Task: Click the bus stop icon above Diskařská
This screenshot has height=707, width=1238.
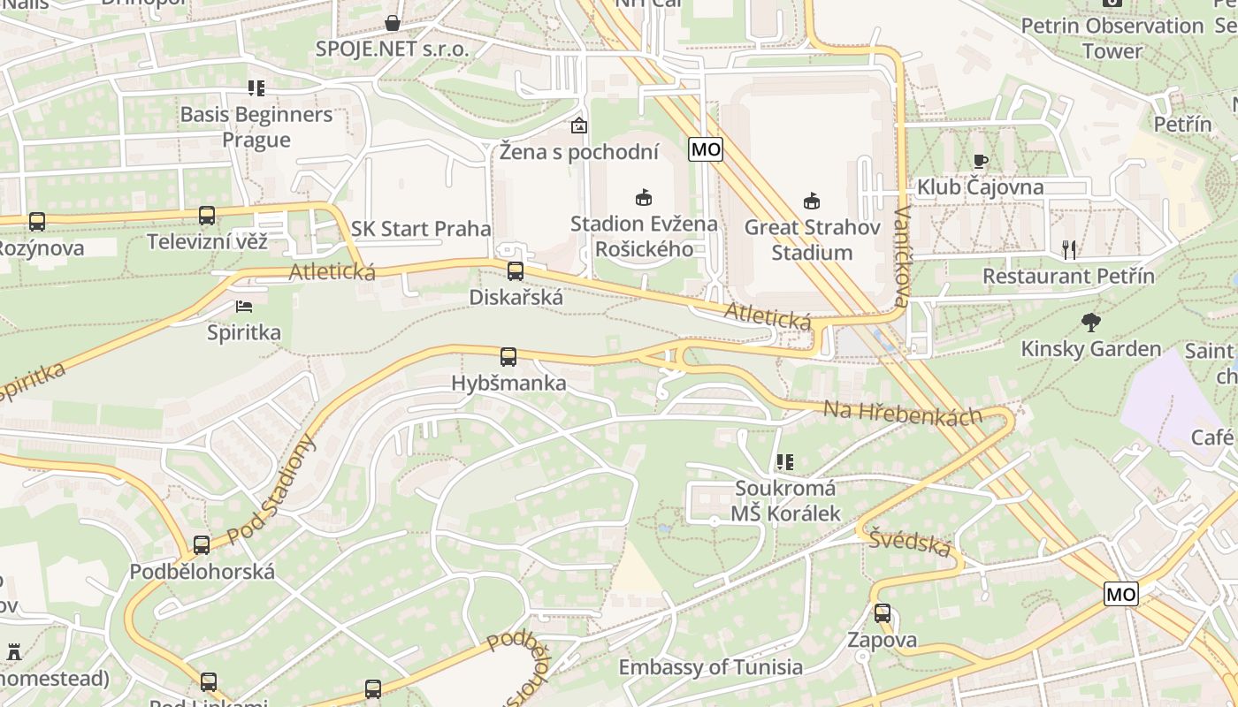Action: pyautogui.click(x=516, y=271)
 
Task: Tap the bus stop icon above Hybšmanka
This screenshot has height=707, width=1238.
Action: pyautogui.click(x=508, y=357)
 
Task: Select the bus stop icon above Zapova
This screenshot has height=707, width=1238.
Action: pyautogui.click(x=883, y=613)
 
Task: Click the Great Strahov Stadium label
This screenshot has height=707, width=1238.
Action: pyautogui.click(x=812, y=239)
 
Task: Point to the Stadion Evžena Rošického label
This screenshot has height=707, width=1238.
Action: pyautogui.click(x=644, y=236)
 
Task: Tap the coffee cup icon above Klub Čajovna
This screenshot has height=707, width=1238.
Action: pyautogui.click(x=980, y=161)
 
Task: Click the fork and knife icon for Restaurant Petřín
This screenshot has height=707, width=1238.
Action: pyautogui.click(x=1069, y=250)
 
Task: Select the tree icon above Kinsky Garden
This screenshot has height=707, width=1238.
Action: pyautogui.click(x=1091, y=323)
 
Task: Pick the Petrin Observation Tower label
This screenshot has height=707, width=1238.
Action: pyautogui.click(x=1112, y=38)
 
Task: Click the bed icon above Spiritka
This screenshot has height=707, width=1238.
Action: pyautogui.click(x=244, y=307)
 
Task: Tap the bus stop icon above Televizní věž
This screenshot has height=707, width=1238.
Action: pyautogui.click(x=207, y=216)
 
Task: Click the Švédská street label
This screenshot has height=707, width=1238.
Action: pyautogui.click(x=909, y=542)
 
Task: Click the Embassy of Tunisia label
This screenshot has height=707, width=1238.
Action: pyautogui.click(x=711, y=667)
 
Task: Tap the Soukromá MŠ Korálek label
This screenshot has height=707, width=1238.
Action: pyautogui.click(x=785, y=500)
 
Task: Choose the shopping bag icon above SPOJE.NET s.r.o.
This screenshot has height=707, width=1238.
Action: pyautogui.click(x=393, y=23)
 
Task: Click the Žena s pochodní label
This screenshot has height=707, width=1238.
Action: pyautogui.click(x=579, y=152)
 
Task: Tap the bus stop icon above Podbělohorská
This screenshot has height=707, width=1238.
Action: pyautogui.click(x=202, y=545)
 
